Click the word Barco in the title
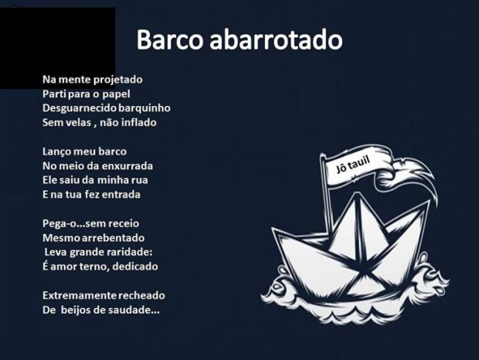tap(169, 39)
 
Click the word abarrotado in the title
tap(276, 39)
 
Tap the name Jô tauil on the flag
tap(353, 164)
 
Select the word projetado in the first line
tap(118, 80)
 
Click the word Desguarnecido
tap(80, 108)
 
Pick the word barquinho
tap(144, 108)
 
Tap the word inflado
tap(139, 122)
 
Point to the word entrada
tap(121, 195)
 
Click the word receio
tap(124, 223)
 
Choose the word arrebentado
tap(113, 238)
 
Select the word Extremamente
tap(80, 296)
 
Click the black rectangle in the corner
tap(57, 48)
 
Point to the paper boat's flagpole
tap(326, 195)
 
